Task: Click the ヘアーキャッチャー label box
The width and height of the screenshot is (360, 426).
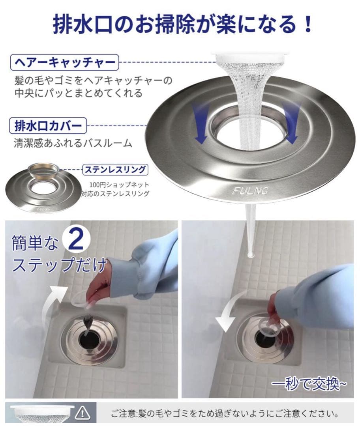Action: coord(64,62)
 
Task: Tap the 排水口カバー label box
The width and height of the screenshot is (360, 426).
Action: coord(48,125)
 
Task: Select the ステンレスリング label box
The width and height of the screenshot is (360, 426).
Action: coord(115,170)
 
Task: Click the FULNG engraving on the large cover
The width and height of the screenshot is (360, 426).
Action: coord(250,191)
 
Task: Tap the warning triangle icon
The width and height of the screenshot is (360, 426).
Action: coord(82,413)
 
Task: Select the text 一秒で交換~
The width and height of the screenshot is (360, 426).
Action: coord(309,383)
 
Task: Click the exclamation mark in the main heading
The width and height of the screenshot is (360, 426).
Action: coord(308,24)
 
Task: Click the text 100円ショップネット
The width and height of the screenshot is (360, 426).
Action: coord(120,185)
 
